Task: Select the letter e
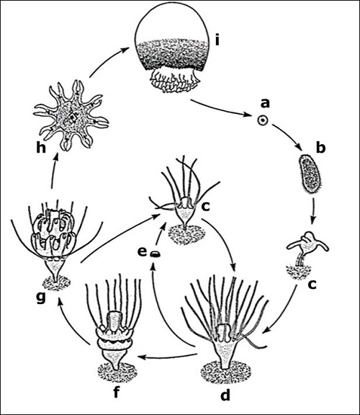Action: [x=142, y=252]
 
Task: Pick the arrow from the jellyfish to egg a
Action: [x=223, y=112]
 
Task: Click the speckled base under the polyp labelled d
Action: [x=226, y=372]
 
